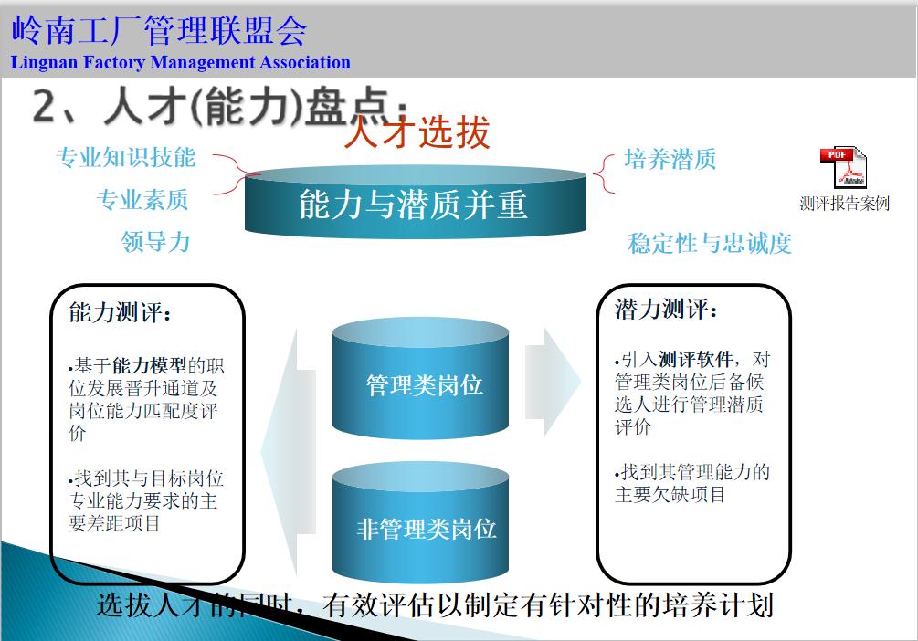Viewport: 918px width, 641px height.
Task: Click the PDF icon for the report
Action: [841, 168]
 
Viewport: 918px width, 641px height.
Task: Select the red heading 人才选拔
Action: [417, 133]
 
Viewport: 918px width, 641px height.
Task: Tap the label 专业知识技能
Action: [126, 157]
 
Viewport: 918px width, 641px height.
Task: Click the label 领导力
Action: [155, 241]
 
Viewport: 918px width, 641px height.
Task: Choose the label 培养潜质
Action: [670, 159]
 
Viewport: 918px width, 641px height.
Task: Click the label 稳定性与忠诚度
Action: [710, 243]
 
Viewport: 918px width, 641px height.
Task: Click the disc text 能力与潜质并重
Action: [413, 205]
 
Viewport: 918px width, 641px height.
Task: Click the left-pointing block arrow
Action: [287, 447]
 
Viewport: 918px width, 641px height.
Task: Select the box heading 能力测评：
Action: [121, 313]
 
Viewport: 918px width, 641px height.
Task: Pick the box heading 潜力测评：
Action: [667, 309]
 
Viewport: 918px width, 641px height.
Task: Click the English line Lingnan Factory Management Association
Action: [181, 63]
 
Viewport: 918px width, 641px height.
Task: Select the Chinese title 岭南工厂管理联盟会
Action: [159, 30]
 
